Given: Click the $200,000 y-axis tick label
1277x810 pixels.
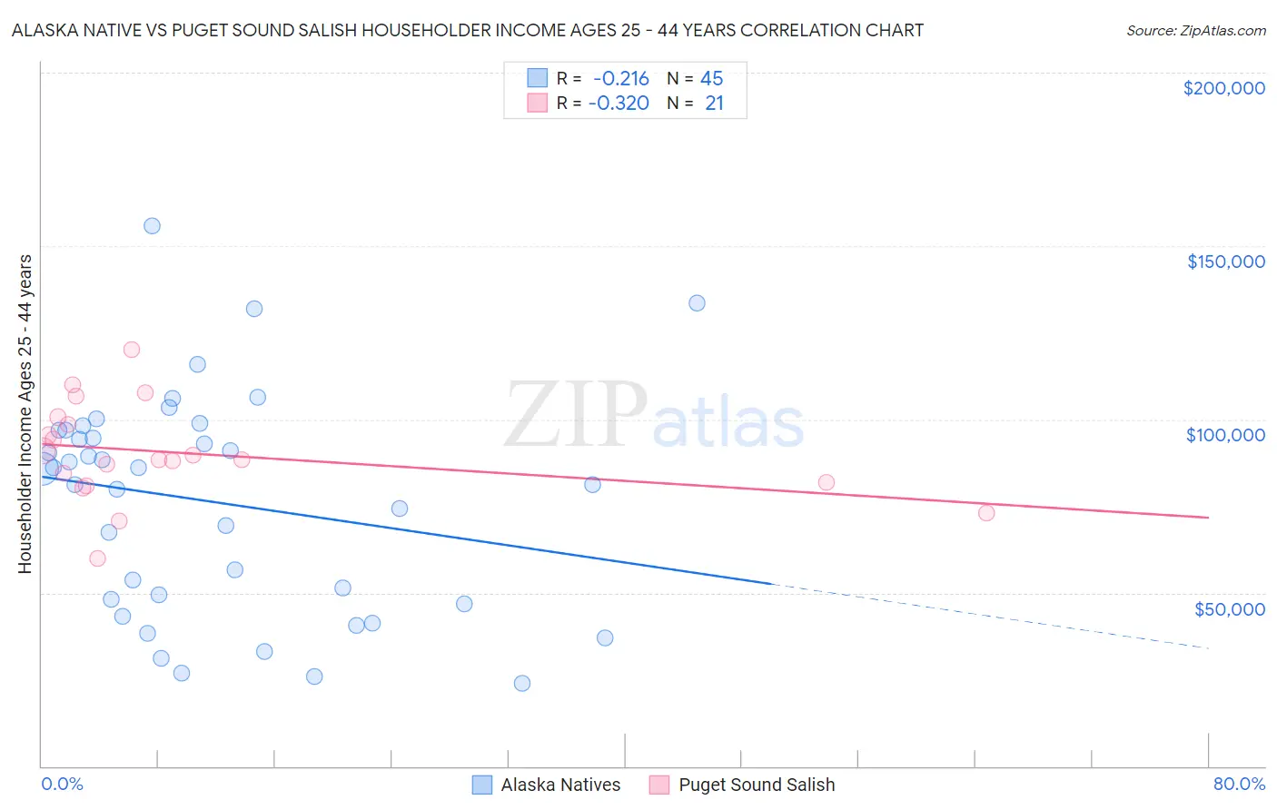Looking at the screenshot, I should click(1223, 88).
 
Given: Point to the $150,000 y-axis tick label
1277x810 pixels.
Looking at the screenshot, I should click(1225, 262).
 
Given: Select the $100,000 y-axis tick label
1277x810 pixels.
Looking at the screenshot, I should click(1225, 435).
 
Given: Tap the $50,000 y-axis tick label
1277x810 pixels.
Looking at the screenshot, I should click(1229, 608).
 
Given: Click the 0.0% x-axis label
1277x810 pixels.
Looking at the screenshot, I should click(62, 784).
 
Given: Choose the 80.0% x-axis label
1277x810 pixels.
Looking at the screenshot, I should click(1239, 784).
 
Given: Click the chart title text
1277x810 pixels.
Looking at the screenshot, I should click(467, 30).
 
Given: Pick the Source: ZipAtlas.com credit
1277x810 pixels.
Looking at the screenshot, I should click(1195, 31).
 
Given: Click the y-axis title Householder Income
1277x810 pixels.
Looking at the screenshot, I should click(25, 413).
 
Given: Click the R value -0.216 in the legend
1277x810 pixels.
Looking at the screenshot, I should click(621, 79).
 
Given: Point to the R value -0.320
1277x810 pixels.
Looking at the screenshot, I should click(619, 104).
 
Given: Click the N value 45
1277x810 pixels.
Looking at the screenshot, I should click(712, 79).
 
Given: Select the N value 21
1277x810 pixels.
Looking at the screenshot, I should click(714, 104).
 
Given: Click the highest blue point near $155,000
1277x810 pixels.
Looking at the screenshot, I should click(152, 226).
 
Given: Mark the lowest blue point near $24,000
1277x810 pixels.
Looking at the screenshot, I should click(522, 683).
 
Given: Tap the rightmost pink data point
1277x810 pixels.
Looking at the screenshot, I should click(986, 513).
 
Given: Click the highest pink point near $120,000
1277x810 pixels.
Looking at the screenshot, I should click(131, 350).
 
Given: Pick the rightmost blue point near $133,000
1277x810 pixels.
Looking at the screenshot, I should click(697, 303).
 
